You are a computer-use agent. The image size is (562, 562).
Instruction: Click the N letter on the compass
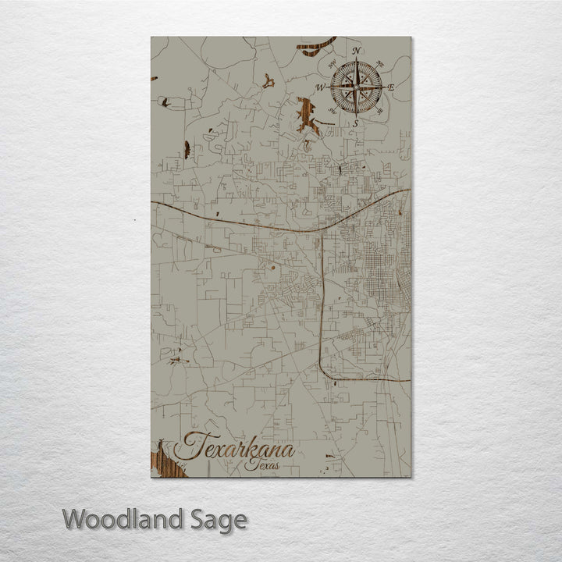pos(356,52)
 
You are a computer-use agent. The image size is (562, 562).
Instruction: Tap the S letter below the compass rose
pos(355,123)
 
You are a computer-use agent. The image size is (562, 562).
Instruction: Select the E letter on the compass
pos(391,87)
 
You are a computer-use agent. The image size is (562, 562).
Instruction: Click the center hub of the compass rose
pos(355,87)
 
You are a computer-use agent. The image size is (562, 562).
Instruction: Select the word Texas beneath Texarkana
pos(261,464)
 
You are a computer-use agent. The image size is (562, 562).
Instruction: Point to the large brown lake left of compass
pos(306,116)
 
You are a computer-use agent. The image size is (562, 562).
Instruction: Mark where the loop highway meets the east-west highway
pos(322,232)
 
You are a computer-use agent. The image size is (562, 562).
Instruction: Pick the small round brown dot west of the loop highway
pos(273,268)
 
